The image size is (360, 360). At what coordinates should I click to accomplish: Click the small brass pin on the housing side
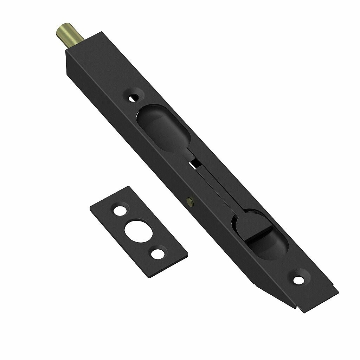pos(190,201)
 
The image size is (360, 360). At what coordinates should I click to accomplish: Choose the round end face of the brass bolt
pos(60,30)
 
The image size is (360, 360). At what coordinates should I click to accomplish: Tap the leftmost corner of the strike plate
pos(90,208)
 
